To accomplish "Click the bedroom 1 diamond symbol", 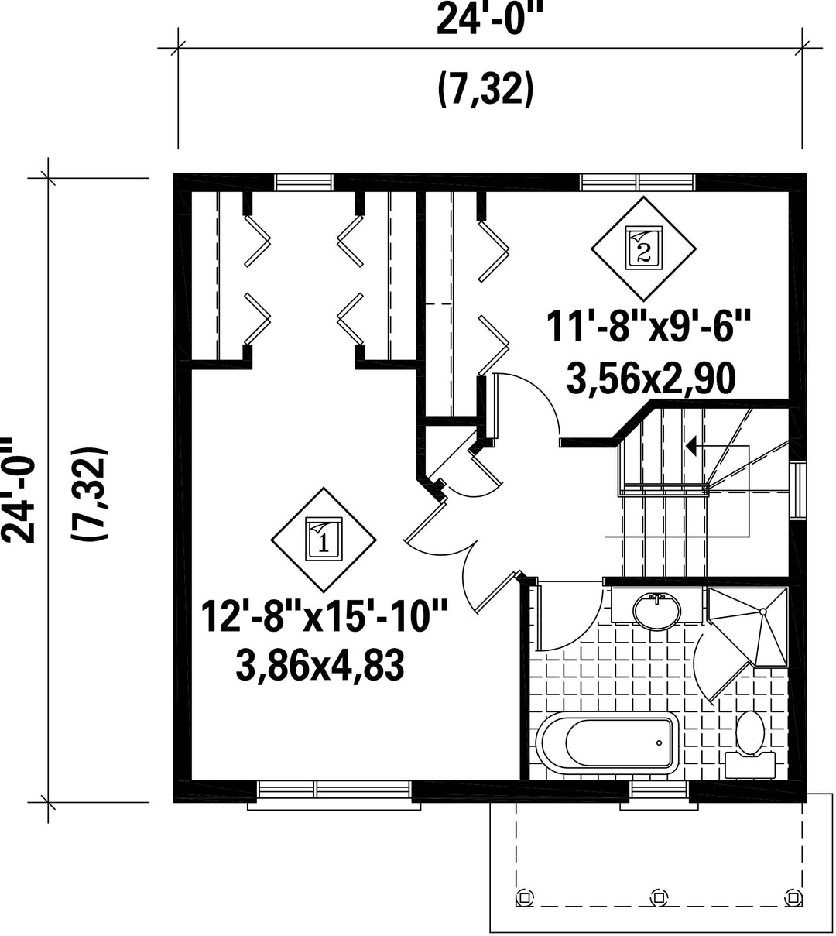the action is coord(323,540).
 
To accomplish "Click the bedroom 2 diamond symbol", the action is coord(643,249).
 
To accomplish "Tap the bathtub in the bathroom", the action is coord(608,743).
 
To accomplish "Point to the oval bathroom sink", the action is coord(656,611).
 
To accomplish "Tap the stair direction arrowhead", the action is coord(691,446).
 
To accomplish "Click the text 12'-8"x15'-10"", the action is coord(324,616).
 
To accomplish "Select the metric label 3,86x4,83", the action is coord(320,667).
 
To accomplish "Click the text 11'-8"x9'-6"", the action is coord(649,327).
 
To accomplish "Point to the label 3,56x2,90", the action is coord(651,378).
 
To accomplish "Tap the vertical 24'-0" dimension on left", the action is coord(18,490).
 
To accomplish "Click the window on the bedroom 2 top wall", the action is coord(637,182).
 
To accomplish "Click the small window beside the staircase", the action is coord(797,490).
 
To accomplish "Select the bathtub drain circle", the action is coord(659,743).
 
